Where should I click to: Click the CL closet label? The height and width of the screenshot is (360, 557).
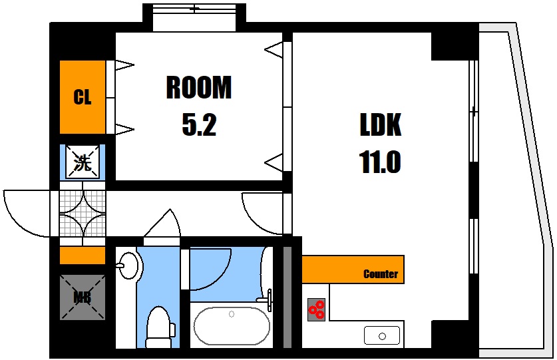pyautogui.click(x=83, y=96)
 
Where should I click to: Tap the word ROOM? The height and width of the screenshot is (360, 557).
pyautogui.click(x=199, y=87)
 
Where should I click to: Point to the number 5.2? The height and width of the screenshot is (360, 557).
pyautogui.click(x=199, y=124)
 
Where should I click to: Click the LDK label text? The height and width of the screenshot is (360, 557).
pyautogui.click(x=381, y=124)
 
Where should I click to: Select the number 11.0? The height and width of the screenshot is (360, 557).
pyautogui.click(x=380, y=162)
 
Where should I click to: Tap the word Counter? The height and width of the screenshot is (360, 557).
pyautogui.click(x=381, y=274)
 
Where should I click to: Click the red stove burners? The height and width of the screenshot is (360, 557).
pyautogui.click(x=316, y=309)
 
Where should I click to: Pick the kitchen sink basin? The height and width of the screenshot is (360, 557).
pyautogui.click(x=382, y=336)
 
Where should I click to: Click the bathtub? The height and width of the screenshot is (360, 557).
pyautogui.click(x=232, y=325)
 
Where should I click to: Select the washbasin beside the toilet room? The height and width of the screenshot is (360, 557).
pyautogui.click(x=128, y=265)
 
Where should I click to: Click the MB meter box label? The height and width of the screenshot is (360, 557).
pyautogui.click(x=83, y=297)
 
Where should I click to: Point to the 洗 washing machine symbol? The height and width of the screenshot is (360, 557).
pyautogui.click(x=83, y=162)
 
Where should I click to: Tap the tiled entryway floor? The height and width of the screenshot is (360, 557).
pyautogui.click(x=83, y=214)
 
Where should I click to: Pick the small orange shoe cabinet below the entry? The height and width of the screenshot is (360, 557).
pyautogui.click(x=83, y=256)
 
